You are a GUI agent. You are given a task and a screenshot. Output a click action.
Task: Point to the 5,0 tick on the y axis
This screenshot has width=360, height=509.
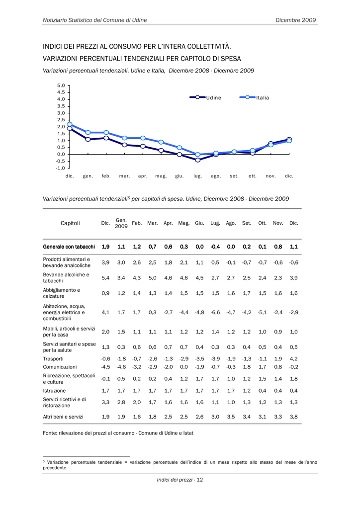tap(61, 85)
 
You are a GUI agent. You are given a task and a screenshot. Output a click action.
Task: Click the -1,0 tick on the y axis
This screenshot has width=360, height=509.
tap(60, 168)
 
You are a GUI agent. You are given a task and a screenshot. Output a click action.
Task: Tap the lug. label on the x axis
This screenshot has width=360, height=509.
tap(198, 176)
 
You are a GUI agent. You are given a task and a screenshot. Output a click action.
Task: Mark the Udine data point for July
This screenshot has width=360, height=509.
tap(198, 160)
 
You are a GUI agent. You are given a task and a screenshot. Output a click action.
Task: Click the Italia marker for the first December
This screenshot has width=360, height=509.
tap(70, 124)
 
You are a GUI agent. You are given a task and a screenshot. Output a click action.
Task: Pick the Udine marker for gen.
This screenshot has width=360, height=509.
tap(88, 139)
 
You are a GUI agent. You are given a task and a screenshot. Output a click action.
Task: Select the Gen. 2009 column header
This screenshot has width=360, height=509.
tap(121, 223)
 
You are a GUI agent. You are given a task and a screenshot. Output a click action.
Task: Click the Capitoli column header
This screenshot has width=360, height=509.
tap(70, 223)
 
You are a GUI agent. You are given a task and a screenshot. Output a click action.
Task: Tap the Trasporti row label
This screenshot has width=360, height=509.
tap(53, 359)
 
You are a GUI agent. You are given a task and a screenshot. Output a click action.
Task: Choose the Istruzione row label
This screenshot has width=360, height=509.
tap(54, 391)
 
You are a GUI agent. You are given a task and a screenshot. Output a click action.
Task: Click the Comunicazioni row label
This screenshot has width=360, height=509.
tap(60, 367)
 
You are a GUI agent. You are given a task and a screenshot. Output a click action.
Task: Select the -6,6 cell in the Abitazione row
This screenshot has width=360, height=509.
tap(215, 312)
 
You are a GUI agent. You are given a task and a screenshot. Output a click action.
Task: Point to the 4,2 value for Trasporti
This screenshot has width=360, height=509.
tap(294, 359)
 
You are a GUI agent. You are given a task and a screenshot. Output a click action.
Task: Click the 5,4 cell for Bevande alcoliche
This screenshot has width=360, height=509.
tap(105, 278)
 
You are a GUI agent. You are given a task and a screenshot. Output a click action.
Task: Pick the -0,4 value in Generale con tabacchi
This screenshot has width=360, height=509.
tap(215, 247)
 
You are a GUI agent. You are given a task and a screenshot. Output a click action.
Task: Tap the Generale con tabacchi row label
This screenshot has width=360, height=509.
tap(69, 247)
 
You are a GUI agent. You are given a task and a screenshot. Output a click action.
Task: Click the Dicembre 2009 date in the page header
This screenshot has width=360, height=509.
tap(296, 20)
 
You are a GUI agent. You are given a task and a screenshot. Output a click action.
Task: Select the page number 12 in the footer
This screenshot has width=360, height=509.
tap(199, 480)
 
